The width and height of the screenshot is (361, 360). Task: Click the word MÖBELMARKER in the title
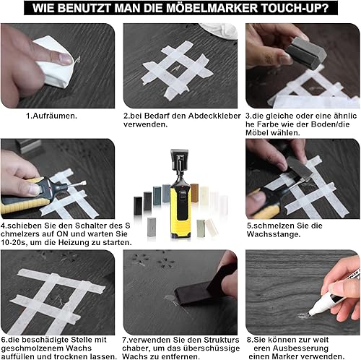click(212, 8)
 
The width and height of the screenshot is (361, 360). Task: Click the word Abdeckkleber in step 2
click(214, 116)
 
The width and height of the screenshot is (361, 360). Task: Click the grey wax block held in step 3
click(305, 53)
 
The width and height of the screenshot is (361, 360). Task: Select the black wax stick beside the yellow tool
click(138, 205)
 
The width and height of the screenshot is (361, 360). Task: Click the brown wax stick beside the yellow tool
click(194, 193)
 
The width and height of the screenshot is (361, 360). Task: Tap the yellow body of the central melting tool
click(180, 212)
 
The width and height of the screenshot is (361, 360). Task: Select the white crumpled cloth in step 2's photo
click(219, 31)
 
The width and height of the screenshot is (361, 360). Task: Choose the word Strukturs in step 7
click(222, 340)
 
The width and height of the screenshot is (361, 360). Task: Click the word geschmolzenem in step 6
click(32, 348)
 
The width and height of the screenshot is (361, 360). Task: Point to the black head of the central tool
click(179, 159)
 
